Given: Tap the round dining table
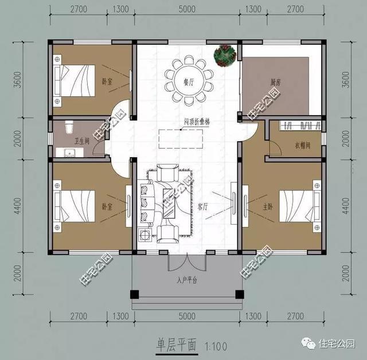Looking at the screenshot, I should point(189,79).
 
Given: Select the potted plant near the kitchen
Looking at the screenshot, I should point(224,55).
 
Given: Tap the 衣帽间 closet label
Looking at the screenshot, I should point(302,146).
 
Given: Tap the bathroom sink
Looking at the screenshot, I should point(69,152).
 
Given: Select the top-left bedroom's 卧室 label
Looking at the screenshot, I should point(106,82).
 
